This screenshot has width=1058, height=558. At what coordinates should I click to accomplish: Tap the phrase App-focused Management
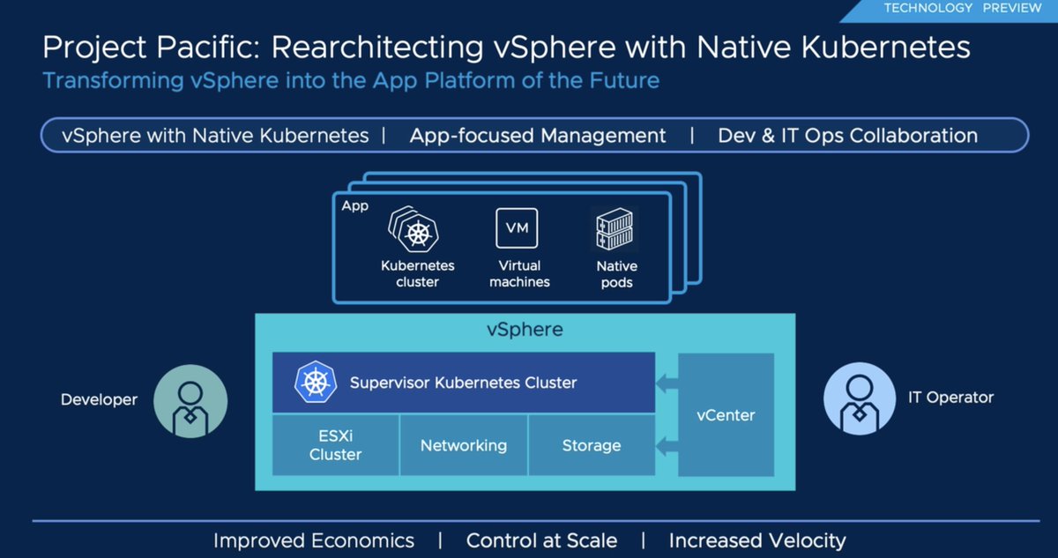pos(538,136)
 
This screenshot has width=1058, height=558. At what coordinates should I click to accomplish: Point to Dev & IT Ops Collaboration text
pos(847,136)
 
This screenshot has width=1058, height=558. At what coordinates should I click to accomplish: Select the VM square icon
pos(517,228)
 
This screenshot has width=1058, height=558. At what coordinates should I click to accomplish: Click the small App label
pos(354,205)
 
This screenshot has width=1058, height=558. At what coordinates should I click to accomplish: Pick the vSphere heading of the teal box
pos(525,331)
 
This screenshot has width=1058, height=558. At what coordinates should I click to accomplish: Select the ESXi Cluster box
pos(335,445)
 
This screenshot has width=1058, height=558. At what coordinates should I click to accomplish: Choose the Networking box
pos(464,445)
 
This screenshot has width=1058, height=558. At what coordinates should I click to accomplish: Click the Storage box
pos(592,445)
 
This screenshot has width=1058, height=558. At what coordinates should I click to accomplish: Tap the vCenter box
pos(726,415)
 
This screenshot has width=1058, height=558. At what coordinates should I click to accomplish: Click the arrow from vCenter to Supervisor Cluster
pos(667,383)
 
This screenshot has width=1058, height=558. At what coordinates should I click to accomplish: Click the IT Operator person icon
pos(860,398)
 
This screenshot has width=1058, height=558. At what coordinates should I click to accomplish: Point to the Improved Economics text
pos(313,540)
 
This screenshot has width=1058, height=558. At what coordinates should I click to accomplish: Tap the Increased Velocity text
pos(756,540)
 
